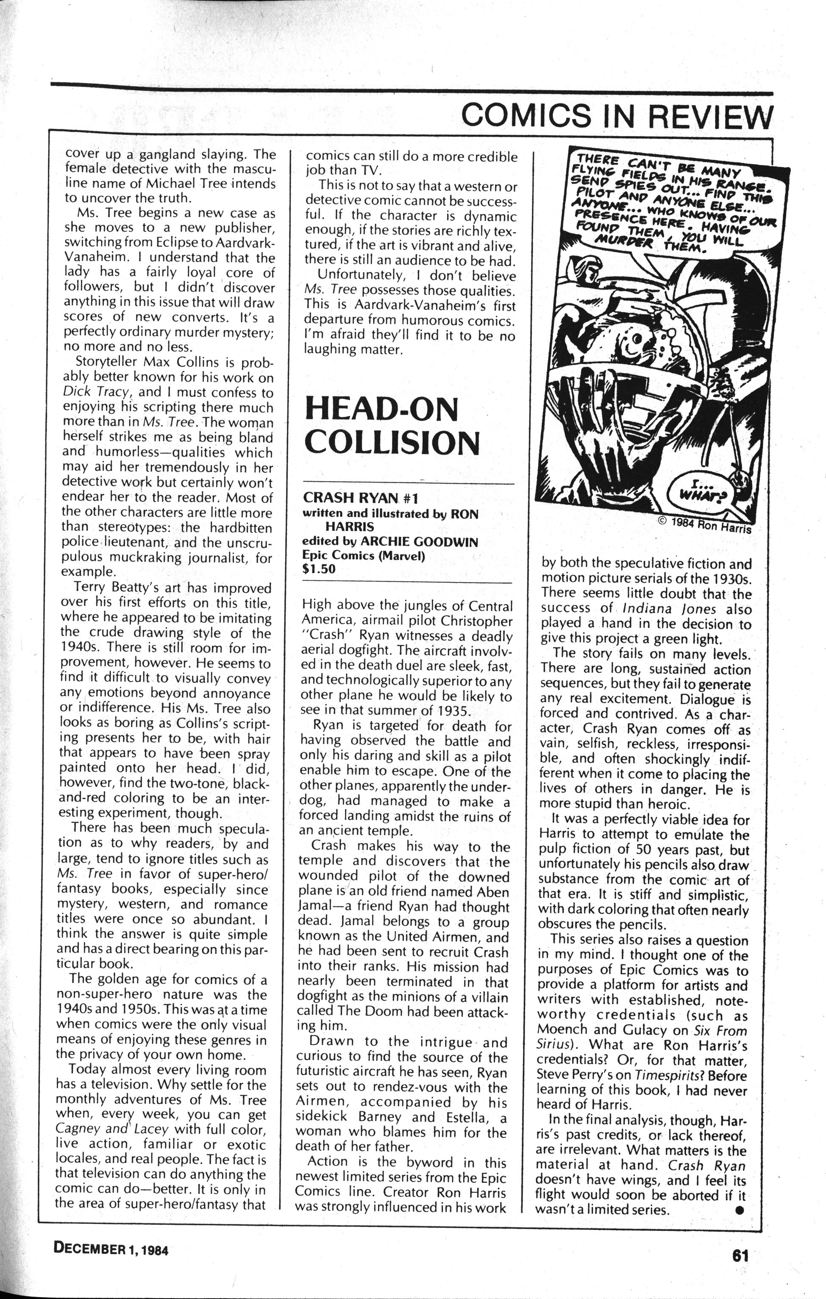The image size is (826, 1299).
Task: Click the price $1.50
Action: point(319,569)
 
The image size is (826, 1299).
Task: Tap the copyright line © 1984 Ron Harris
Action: point(704,524)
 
